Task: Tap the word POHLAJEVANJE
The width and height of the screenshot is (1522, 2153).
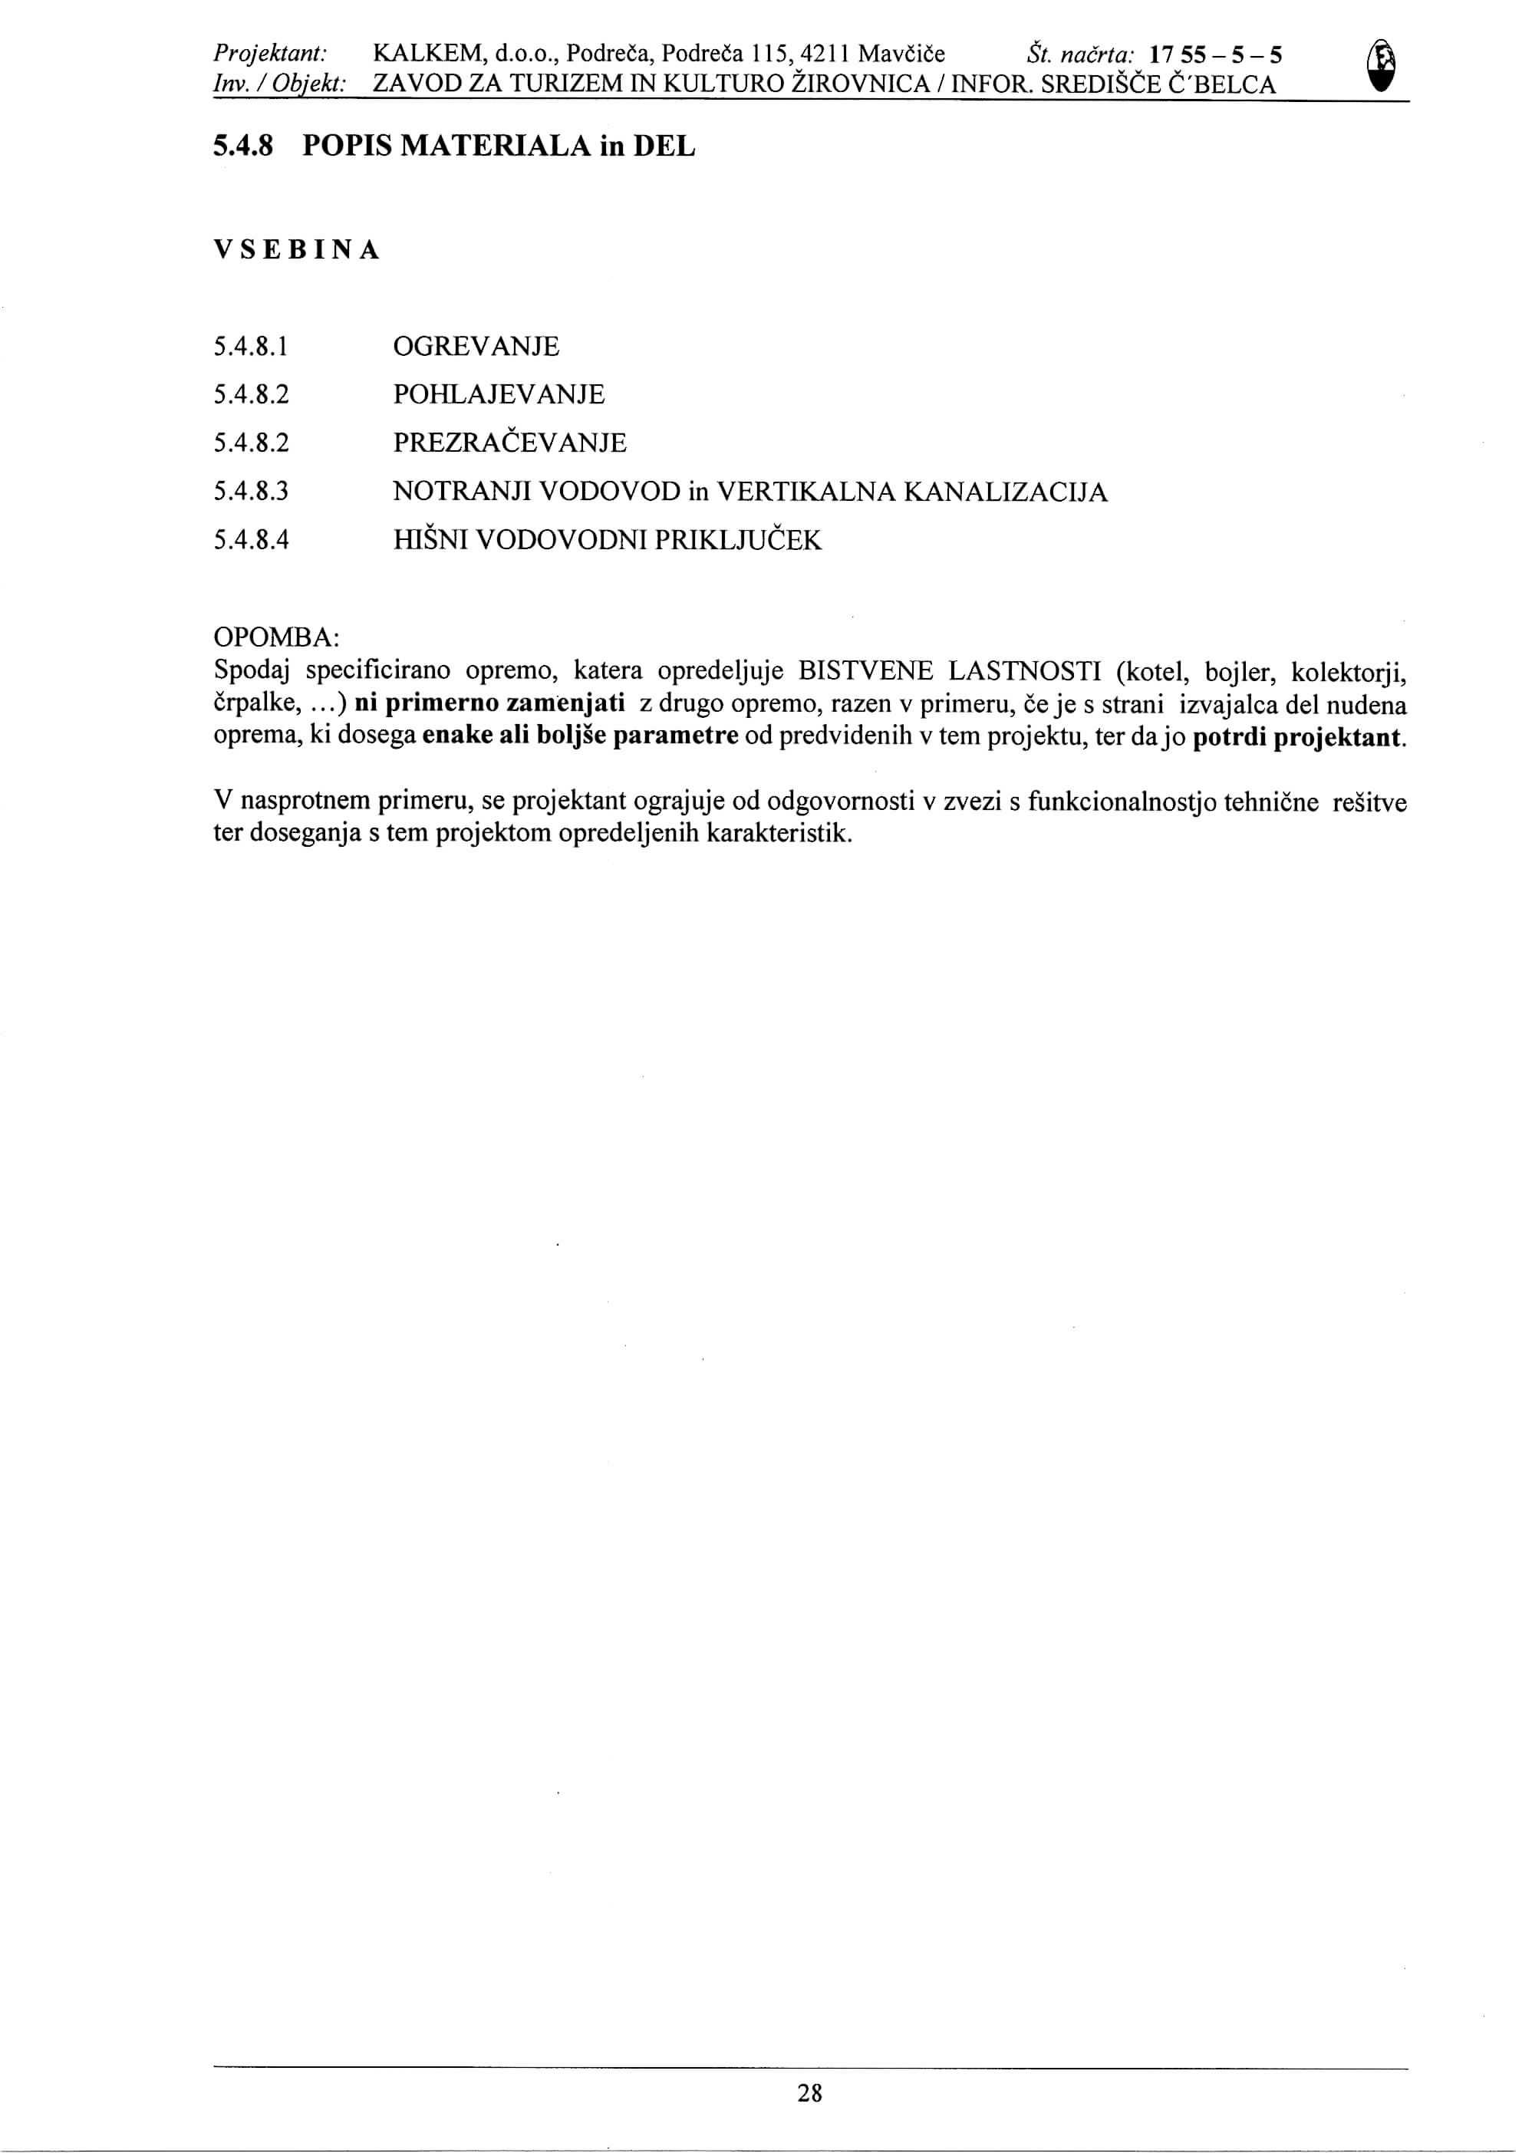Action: (x=499, y=395)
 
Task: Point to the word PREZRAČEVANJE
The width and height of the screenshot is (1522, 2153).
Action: (x=509, y=443)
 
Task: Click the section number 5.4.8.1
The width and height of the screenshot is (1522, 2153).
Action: (x=249, y=348)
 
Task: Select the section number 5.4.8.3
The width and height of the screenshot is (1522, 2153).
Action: (x=250, y=492)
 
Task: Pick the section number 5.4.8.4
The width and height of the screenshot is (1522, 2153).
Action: (x=250, y=540)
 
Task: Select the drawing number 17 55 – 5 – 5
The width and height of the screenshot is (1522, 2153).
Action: (x=1216, y=54)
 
